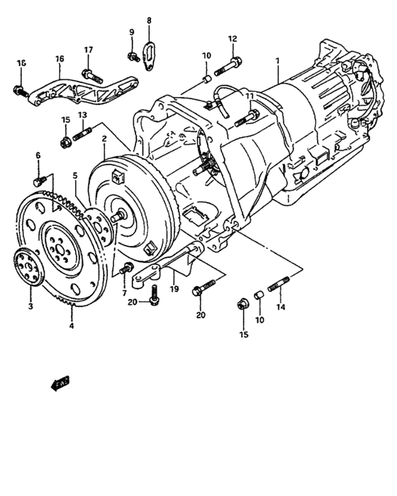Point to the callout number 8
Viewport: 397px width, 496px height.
tap(149, 21)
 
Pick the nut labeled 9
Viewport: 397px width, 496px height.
tap(131, 56)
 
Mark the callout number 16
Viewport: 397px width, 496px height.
tap(60, 59)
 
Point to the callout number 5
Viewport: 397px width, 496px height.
tap(74, 176)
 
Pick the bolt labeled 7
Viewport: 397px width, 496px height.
tap(128, 268)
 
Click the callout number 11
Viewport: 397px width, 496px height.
tap(249, 96)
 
